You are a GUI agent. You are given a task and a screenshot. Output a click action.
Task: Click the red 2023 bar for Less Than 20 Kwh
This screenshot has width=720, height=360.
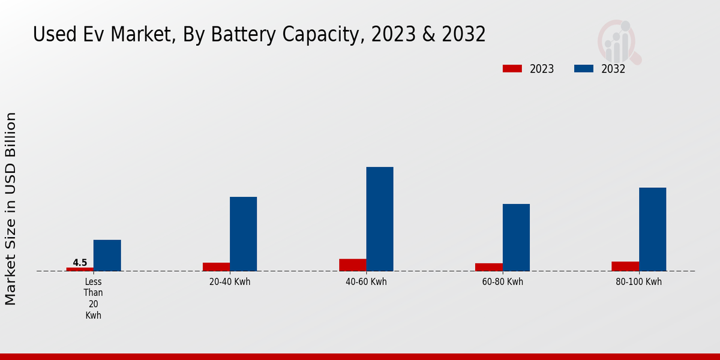(80, 269)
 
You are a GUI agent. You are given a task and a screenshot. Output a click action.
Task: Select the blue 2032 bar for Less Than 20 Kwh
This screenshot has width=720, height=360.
(107, 256)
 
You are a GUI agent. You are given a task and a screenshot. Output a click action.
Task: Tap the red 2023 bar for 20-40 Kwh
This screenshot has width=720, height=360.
(216, 267)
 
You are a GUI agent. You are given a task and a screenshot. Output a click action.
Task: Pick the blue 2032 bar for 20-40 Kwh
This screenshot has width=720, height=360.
(243, 234)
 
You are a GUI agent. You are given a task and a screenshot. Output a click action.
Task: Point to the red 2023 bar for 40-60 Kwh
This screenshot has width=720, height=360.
(352, 265)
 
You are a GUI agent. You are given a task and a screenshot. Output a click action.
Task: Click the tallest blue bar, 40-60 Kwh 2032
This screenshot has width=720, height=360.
(380, 219)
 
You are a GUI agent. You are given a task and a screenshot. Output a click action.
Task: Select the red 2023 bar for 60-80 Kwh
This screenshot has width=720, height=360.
(488, 267)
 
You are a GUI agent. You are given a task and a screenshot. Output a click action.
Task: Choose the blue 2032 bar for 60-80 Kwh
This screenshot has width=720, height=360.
(516, 238)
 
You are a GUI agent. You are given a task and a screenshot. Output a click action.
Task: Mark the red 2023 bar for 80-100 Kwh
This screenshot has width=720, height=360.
(625, 266)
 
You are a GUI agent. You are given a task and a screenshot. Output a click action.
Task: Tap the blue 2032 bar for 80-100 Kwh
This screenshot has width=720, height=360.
(652, 229)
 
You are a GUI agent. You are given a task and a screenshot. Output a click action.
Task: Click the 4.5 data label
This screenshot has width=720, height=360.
(80, 263)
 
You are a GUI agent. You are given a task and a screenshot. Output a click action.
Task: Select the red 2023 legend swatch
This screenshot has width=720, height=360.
(512, 68)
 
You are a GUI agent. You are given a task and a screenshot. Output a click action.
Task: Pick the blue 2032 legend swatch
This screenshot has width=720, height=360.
(583, 68)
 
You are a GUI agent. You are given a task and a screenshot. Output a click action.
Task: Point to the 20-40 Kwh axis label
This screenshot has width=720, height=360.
(230, 282)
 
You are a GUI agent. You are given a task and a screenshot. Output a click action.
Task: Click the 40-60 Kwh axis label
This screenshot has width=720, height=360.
(366, 282)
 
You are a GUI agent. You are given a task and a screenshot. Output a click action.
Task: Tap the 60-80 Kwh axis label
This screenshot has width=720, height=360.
(503, 282)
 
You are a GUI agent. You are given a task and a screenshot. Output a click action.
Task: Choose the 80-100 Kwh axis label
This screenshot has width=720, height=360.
(639, 282)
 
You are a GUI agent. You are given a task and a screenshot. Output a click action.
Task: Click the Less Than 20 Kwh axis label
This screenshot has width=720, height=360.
(94, 298)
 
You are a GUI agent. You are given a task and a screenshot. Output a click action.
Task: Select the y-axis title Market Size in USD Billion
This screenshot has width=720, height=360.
(11, 208)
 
